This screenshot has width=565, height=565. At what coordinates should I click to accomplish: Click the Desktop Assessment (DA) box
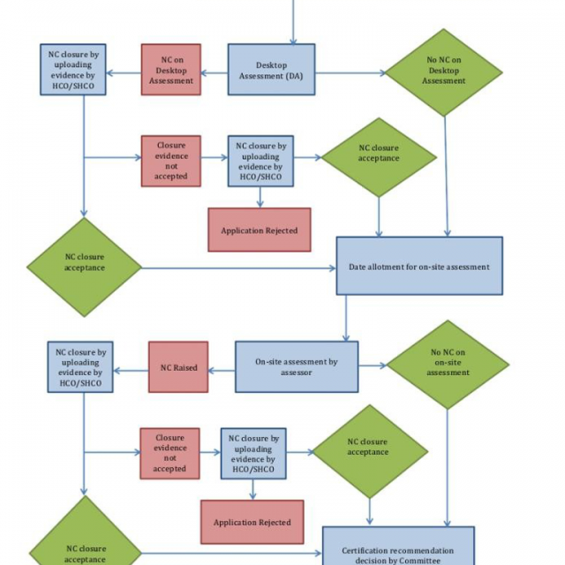(271, 71)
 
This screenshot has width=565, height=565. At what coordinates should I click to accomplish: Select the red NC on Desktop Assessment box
(171, 70)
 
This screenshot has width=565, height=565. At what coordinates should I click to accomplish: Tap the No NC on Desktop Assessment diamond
(443, 71)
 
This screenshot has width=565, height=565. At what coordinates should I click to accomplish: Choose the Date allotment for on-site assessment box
(419, 266)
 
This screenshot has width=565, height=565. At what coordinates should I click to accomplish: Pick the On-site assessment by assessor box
(297, 367)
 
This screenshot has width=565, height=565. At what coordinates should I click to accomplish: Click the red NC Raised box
(178, 367)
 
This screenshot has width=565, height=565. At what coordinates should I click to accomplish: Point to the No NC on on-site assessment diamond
(448, 363)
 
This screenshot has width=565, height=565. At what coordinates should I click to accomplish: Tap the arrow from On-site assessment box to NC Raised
(222, 367)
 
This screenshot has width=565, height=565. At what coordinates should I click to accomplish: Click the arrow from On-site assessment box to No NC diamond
(373, 365)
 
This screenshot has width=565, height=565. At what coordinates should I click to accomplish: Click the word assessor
(297, 373)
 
